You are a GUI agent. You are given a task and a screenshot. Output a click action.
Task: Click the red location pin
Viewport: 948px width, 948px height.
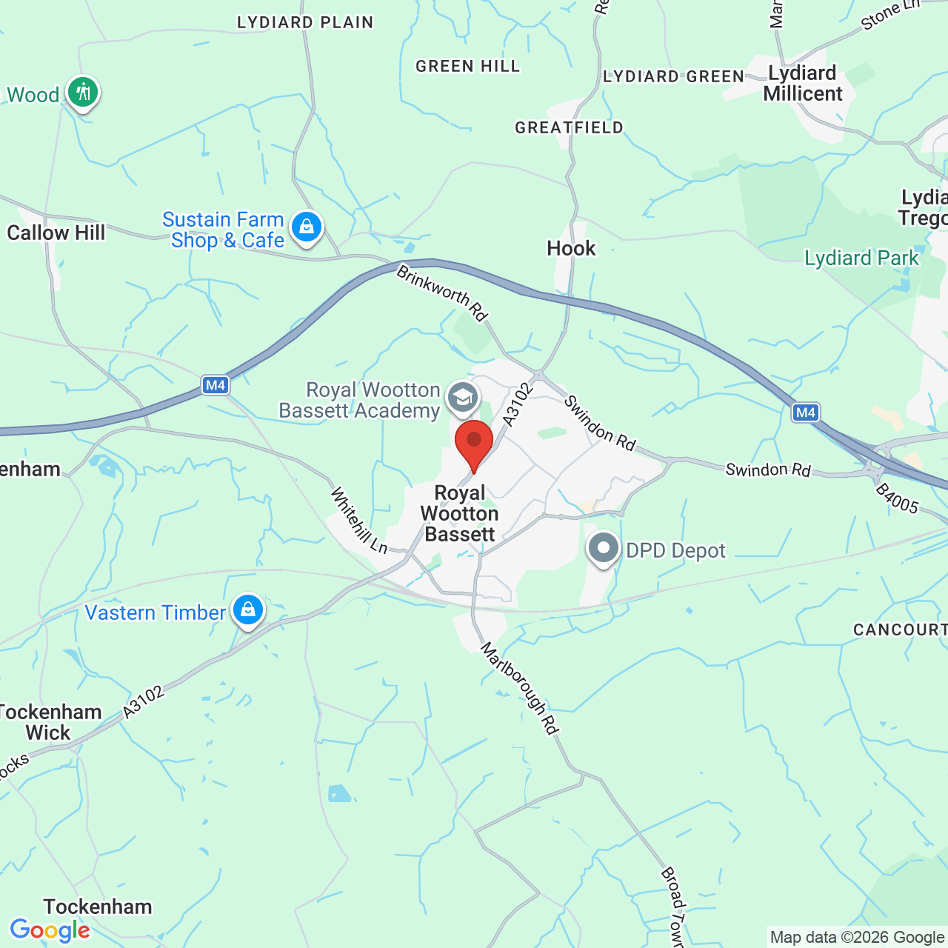coord(474,441)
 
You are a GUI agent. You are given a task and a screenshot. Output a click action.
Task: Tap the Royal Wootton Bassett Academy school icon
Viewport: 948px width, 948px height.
coord(463,398)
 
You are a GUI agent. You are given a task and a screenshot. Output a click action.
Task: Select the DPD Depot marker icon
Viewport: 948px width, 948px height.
coord(604,549)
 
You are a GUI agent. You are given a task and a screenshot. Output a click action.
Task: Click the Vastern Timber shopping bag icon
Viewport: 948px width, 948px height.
coord(248,610)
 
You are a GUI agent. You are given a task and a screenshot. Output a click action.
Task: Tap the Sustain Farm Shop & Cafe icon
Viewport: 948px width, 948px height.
coord(306,227)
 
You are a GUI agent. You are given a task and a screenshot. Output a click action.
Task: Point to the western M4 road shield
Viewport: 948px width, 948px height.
coord(216,385)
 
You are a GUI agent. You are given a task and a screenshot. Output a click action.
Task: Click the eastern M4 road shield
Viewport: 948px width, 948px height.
coord(805,413)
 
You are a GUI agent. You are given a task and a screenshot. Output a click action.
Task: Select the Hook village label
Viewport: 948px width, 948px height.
coord(571,248)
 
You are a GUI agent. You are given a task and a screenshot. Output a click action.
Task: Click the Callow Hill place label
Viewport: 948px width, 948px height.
coord(56,233)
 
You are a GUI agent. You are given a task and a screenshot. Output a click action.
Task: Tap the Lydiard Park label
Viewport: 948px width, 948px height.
coord(861,258)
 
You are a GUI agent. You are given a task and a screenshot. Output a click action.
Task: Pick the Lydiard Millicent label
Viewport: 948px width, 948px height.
coord(803,83)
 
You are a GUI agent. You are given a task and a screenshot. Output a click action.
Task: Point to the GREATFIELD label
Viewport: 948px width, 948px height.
coord(569,127)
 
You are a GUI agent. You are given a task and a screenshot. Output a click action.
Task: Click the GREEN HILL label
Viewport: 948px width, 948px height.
coord(467,66)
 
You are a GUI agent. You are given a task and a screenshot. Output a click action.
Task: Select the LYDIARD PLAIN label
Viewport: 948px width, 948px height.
coord(305,22)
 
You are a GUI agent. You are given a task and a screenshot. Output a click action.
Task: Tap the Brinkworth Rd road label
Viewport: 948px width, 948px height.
coord(442,294)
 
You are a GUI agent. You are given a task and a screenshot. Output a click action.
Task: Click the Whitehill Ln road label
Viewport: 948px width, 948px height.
coord(358,520)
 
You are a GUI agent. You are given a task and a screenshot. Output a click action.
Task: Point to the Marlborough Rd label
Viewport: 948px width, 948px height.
coord(518,688)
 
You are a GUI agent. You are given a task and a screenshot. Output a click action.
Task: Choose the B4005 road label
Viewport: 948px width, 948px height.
coord(897,498)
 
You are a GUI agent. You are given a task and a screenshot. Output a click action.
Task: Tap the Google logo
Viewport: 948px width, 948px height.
coord(50,930)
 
